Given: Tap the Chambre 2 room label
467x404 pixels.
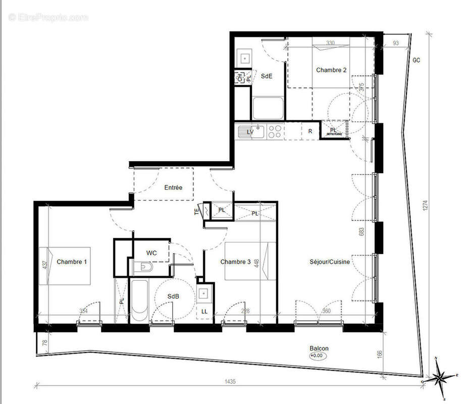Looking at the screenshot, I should click(331, 70).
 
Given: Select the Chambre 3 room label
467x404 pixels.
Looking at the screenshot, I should click(235, 262).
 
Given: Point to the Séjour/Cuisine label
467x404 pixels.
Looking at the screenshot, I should click(330, 262).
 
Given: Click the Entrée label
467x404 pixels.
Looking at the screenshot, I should click(173, 187).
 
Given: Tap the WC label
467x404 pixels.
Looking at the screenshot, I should click(151, 252).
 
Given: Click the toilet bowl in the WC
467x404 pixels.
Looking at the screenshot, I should click(143, 267).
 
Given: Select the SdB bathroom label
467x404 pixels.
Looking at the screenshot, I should click(174, 296).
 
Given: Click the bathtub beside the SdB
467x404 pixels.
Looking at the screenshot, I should click(140, 300).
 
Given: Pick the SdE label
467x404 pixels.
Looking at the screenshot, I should click(266, 76).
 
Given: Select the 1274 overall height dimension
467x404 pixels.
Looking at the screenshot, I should click(426, 206).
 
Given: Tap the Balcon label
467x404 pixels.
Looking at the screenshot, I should click(319, 348).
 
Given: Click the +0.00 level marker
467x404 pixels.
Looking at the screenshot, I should click(319, 356).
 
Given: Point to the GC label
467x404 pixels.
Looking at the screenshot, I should click(417, 60).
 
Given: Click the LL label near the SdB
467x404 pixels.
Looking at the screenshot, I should click(204, 312).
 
